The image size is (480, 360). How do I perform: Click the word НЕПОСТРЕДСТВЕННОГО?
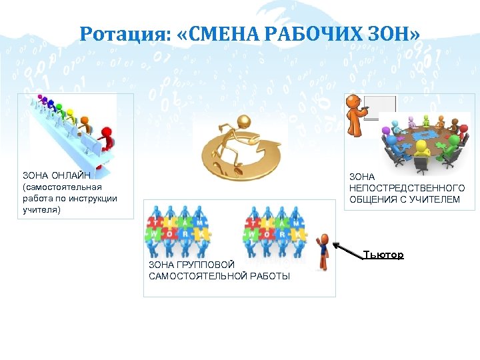coord(407,188)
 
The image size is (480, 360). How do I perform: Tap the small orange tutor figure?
coord(324,249)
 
